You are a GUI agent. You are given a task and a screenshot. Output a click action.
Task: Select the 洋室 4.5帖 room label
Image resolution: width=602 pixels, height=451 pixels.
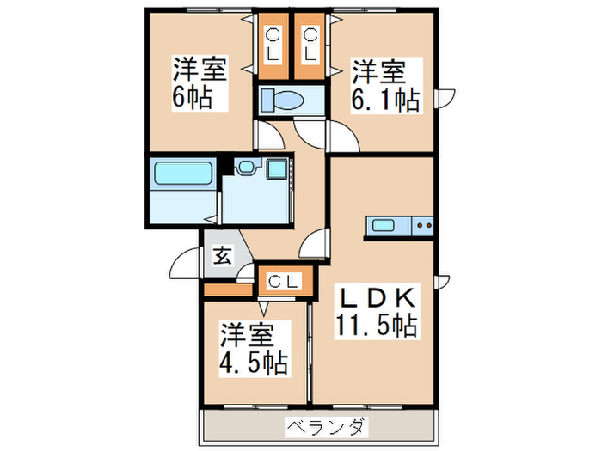(x=253, y=347)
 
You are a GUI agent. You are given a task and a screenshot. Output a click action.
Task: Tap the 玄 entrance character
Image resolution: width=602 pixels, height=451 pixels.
(x=221, y=255)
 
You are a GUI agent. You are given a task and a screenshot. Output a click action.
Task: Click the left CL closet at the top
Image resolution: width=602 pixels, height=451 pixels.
(x=273, y=43)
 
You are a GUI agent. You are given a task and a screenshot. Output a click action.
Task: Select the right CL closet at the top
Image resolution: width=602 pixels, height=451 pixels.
(x=310, y=43)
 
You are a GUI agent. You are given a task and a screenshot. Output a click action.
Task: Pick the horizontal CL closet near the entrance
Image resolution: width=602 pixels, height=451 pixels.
(x=282, y=280)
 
